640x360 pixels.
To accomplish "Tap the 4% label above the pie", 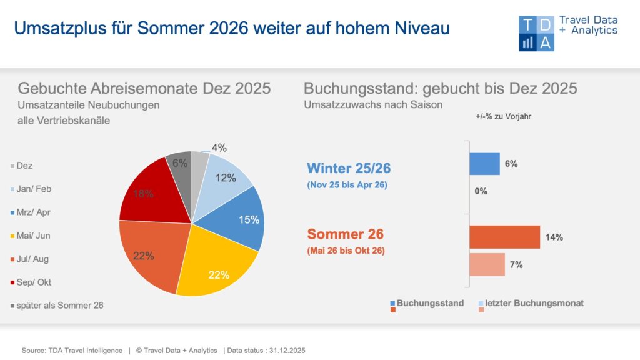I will (219, 148).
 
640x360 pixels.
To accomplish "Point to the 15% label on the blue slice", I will (249, 219).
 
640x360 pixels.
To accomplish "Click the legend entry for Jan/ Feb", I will (34, 189).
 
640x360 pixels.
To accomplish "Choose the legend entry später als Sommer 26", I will (60, 306).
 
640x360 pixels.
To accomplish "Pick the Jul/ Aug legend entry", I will (34, 259).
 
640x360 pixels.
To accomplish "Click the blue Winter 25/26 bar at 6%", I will (484, 164).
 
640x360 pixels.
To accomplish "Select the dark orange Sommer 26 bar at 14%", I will (504, 237).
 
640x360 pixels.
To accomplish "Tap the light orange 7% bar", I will (487, 264).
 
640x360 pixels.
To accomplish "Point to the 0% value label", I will (481, 191).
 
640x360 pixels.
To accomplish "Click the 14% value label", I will (554, 237).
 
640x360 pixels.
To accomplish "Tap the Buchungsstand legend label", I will (430, 303).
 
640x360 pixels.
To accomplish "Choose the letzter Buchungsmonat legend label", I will (534, 303).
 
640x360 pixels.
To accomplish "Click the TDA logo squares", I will (536, 34).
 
